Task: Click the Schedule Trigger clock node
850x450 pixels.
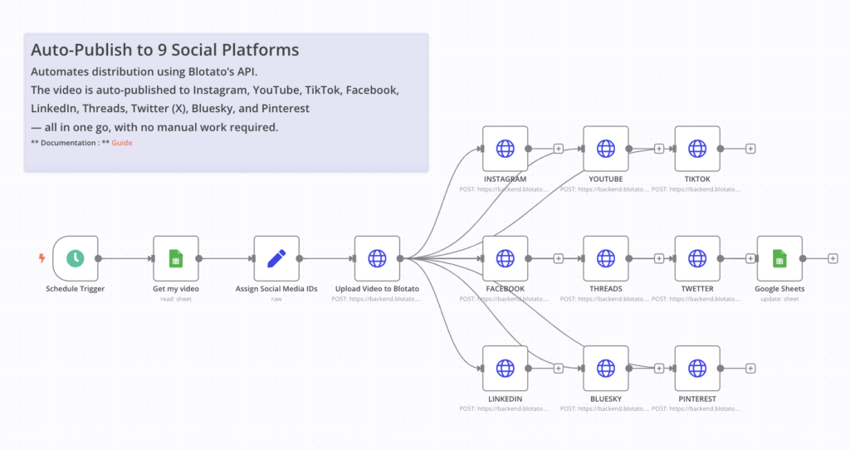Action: tap(76, 258)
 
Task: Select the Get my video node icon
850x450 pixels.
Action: tap(176, 258)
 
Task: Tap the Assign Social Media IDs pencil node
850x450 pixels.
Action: tap(276, 258)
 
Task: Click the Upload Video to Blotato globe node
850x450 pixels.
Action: tap(378, 258)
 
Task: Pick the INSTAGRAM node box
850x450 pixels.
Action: tap(505, 149)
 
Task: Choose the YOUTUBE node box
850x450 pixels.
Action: tap(606, 149)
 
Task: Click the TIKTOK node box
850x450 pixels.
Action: tap(697, 149)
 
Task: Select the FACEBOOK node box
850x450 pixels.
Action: tap(505, 258)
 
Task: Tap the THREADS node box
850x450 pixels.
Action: tap(606, 258)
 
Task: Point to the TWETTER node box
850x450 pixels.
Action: tap(697, 258)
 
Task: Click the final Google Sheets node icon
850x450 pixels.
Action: tap(779, 258)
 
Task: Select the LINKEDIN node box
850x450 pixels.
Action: tap(505, 368)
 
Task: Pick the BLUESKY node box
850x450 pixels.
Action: tap(606, 368)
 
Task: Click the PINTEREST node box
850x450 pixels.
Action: tap(697, 368)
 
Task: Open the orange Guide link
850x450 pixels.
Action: tap(122, 143)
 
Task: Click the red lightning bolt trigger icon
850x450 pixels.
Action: tap(42, 258)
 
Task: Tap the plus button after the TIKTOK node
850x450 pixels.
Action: tap(750, 149)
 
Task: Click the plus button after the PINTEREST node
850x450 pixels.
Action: tap(750, 368)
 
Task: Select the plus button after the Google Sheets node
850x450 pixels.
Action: tap(833, 258)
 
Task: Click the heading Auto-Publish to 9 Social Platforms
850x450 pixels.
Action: tap(164, 50)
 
